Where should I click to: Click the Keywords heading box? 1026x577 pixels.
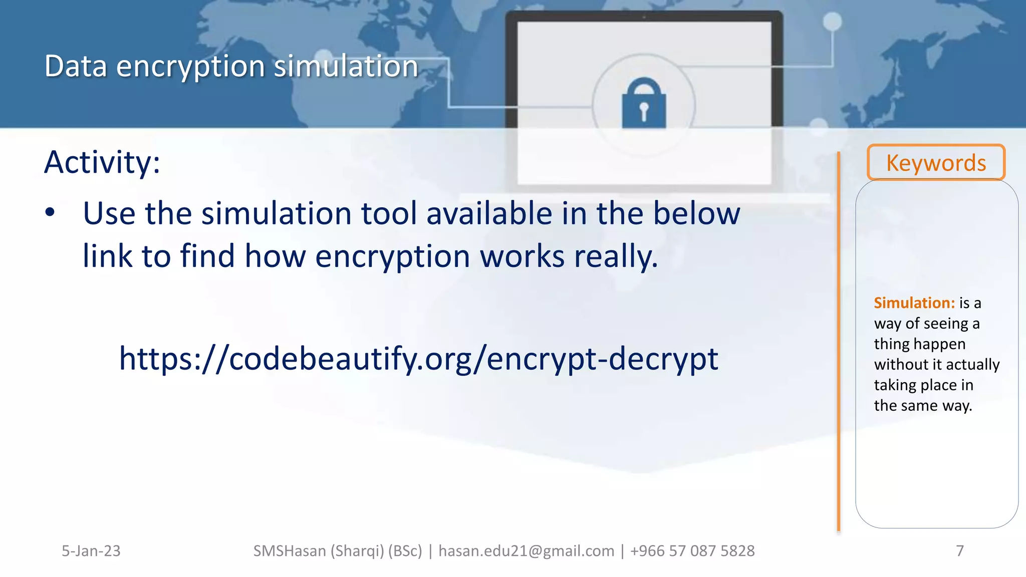coord(936,163)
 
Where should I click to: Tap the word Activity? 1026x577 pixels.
coord(102,162)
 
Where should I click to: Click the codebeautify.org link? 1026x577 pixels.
coord(418,359)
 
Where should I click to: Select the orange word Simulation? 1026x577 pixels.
coord(914,303)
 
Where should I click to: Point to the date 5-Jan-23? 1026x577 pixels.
coord(91,551)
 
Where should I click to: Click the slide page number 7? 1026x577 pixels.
coord(959,551)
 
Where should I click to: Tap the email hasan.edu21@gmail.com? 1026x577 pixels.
coord(526,551)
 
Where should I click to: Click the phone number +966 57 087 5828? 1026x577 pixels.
coord(692,551)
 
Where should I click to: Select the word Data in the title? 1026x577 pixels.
coord(76,66)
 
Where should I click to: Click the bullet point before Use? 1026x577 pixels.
coord(50,212)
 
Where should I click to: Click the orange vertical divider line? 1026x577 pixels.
coord(838,341)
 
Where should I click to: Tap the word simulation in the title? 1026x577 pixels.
coord(346,66)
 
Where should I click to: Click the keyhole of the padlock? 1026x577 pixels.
coord(644,111)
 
